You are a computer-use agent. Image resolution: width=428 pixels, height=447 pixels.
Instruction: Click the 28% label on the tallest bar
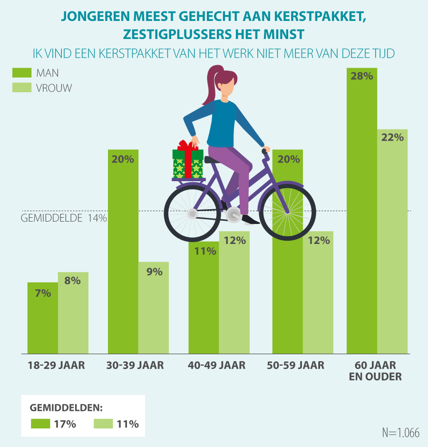(x=362, y=76)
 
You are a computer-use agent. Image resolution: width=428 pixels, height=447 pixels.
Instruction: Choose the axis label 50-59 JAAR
(x=298, y=366)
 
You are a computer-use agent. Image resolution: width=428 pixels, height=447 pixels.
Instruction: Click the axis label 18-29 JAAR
(x=56, y=366)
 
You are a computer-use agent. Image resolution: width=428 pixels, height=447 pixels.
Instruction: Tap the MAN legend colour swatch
(x=21, y=73)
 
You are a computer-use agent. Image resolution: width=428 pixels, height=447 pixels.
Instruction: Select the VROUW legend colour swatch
(x=21, y=87)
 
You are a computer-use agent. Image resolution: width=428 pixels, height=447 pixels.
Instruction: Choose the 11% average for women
(x=116, y=424)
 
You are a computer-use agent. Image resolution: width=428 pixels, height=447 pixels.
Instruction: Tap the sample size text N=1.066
(x=400, y=433)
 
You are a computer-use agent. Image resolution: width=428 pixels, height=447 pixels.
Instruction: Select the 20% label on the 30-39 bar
(x=123, y=159)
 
